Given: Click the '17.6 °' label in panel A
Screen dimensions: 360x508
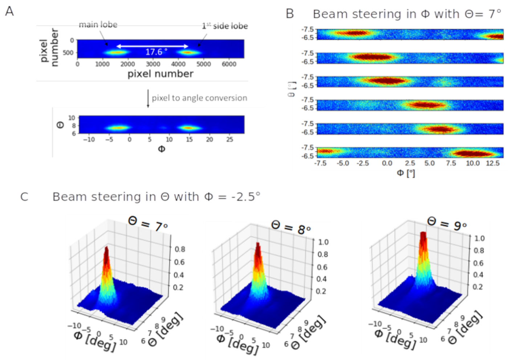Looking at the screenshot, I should point(156,52).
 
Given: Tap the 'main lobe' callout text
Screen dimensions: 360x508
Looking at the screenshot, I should point(98,25).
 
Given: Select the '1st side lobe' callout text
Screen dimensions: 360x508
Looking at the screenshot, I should point(225,26).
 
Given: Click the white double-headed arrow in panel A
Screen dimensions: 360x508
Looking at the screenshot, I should point(152,46).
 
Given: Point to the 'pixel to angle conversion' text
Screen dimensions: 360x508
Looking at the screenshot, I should point(199,98).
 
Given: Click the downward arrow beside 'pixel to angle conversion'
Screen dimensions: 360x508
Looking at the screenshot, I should point(148,98).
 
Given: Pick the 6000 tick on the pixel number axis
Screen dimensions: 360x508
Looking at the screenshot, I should point(229,64).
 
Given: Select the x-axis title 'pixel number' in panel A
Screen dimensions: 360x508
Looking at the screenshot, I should point(160,74).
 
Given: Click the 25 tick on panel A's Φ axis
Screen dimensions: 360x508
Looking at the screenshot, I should point(229,139).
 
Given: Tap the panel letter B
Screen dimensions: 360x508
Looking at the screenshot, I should point(290,14).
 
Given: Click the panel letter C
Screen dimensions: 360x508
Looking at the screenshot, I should point(24,197).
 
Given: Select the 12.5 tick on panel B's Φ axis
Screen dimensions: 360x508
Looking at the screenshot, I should point(492,163).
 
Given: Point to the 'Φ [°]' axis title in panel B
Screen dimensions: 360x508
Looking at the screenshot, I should point(406,173).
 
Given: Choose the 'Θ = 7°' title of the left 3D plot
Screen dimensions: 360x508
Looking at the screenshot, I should point(148,224).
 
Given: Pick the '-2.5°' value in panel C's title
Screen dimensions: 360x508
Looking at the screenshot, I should point(246,197).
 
